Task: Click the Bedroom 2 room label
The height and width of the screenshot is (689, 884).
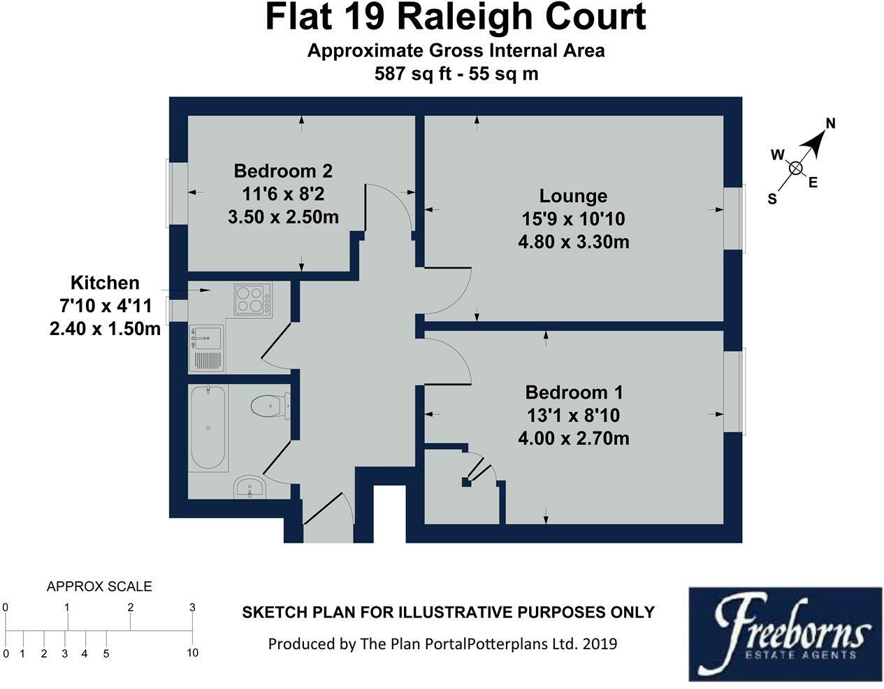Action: (x=283, y=171)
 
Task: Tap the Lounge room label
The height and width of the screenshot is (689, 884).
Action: (x=573, y=196)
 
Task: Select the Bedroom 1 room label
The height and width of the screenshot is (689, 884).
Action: (x=574, y=392)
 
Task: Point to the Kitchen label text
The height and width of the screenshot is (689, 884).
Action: (x=105, y=283)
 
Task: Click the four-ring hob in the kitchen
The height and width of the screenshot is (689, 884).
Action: (x=252, y=299)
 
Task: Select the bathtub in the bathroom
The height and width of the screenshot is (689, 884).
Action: (x=208, y=426)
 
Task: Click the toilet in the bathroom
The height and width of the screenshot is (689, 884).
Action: (x=270, y=405)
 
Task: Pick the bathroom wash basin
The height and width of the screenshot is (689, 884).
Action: (x=250, y=487)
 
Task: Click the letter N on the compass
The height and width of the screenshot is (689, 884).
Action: (x=831, y=124)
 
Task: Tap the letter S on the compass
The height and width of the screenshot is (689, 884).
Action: (x=772, y=199)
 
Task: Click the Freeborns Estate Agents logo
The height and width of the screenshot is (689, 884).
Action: (x=785, y=634)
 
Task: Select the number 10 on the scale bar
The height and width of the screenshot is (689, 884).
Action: (x=192, y=653)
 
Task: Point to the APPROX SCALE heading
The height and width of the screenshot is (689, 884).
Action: (x=99, y=587)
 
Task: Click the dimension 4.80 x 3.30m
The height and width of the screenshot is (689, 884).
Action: (x=573, y=242)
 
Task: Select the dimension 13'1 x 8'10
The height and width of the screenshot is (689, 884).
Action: (x=573, y=415)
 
